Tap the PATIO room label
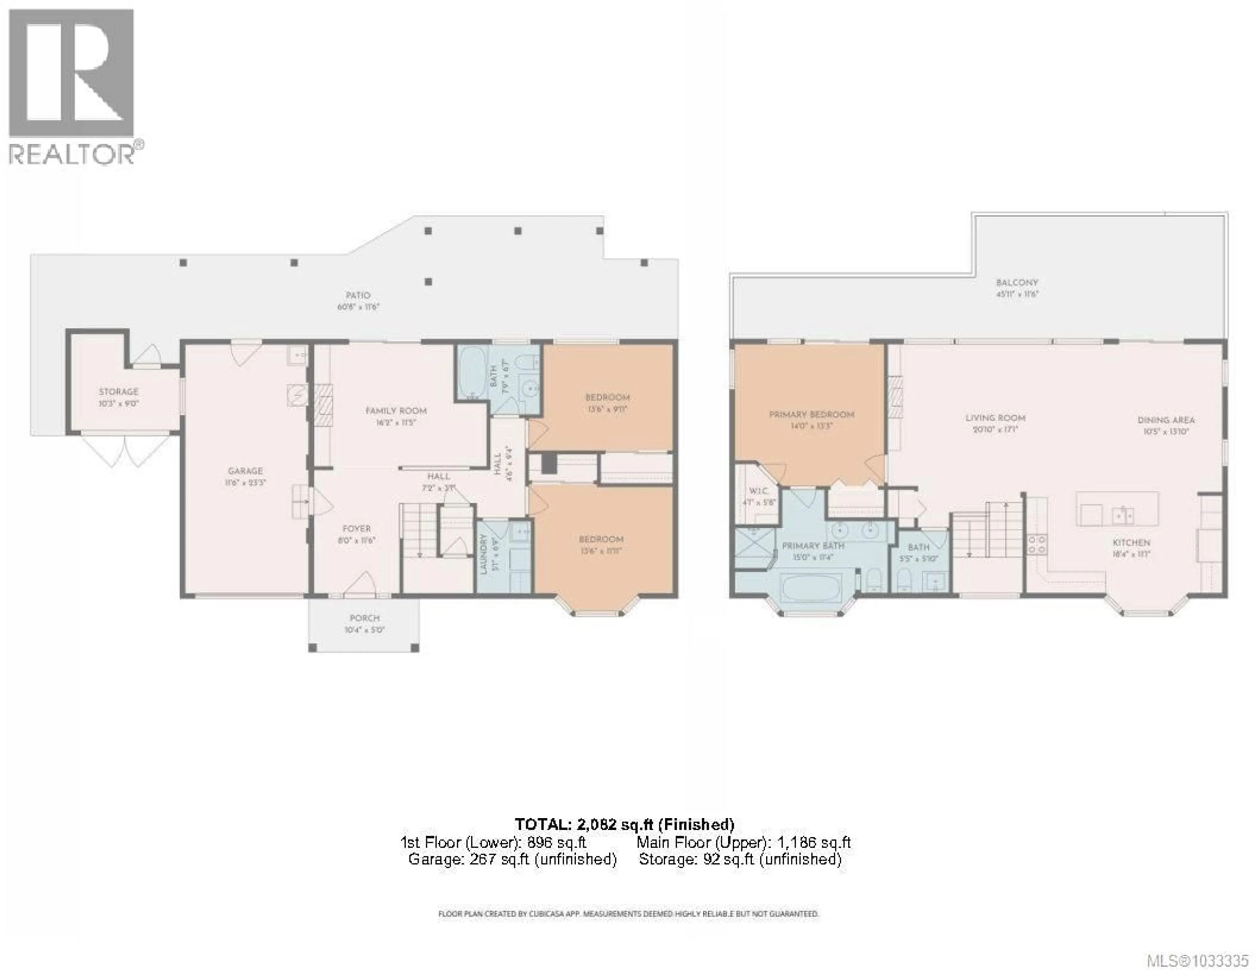tap(358, 296)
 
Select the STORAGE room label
tap(118, 392)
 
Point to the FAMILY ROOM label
tap(396, 411)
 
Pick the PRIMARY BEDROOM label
tap(811, 415)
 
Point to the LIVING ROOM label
tap(995, 418)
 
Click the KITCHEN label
tap(1131, 543)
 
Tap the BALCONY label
tap(1017, 283)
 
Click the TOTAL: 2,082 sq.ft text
tap(624, 825)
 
